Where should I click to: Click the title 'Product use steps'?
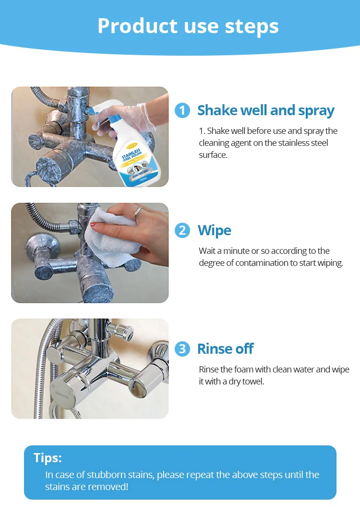pyautogui.click(x=188, y=26)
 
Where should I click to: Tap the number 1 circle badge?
pyautogui.click(x=182, y=110)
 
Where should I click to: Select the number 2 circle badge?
pyautogui.click(x=182, y=230)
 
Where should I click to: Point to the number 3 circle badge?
pyautogui.click(x=182, y=349)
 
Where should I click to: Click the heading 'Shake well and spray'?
pyautogui.click(x=266, y=110)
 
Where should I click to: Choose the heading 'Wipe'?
pyautogui.click(x=215, y=230)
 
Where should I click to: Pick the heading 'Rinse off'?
pyautogui.click(x=225, y=349)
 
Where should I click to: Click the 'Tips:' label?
pyautogui.click(x=48, y=458)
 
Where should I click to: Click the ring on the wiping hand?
pyautogui.click(x=137, y=211)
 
